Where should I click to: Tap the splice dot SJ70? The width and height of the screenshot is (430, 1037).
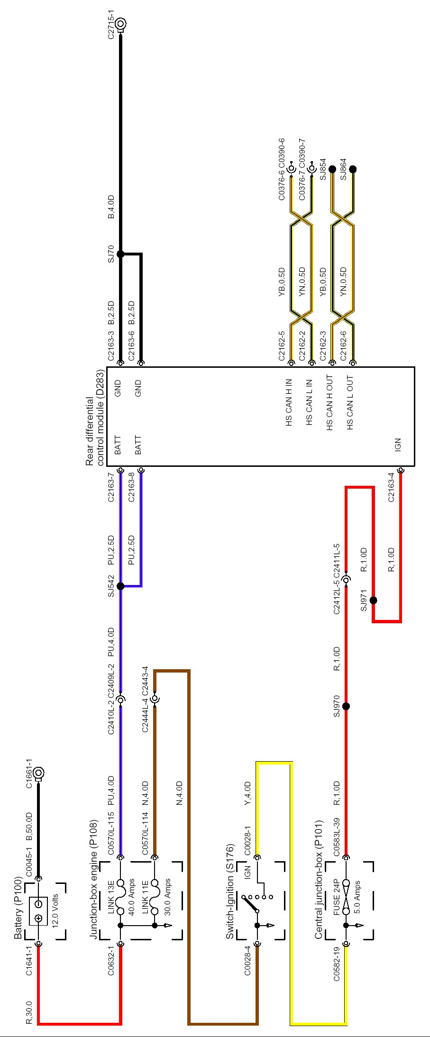click(120, 254)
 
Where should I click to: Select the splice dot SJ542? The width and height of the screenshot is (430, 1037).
click(120, 586)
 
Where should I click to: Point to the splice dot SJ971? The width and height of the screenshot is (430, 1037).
click(373, 600)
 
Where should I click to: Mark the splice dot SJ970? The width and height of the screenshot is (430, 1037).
click(346, 706)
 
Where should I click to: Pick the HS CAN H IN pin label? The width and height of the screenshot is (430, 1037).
click(289, 402)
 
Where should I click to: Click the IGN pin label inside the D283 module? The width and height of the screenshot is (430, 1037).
click(398, 444)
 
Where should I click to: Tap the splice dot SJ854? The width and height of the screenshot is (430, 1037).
click(332, 169)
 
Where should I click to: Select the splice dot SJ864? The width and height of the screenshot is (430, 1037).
click(353, 169)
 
